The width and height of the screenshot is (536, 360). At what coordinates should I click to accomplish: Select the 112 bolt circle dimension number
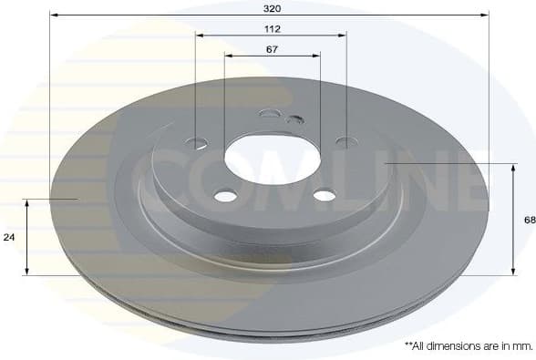point(273,28)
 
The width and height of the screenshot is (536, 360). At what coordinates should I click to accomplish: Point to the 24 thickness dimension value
point(9,237)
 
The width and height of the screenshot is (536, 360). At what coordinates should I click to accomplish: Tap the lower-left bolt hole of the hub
point(225,196)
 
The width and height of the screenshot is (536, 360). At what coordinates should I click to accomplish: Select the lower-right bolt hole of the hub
point(324,194)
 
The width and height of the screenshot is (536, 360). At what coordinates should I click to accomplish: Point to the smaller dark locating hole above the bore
point(294,119)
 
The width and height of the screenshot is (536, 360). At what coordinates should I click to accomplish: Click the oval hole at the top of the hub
point(270,113)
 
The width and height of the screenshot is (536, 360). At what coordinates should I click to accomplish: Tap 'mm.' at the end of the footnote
point(523,346)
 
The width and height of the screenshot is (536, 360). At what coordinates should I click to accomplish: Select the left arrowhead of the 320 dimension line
point(53,15)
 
